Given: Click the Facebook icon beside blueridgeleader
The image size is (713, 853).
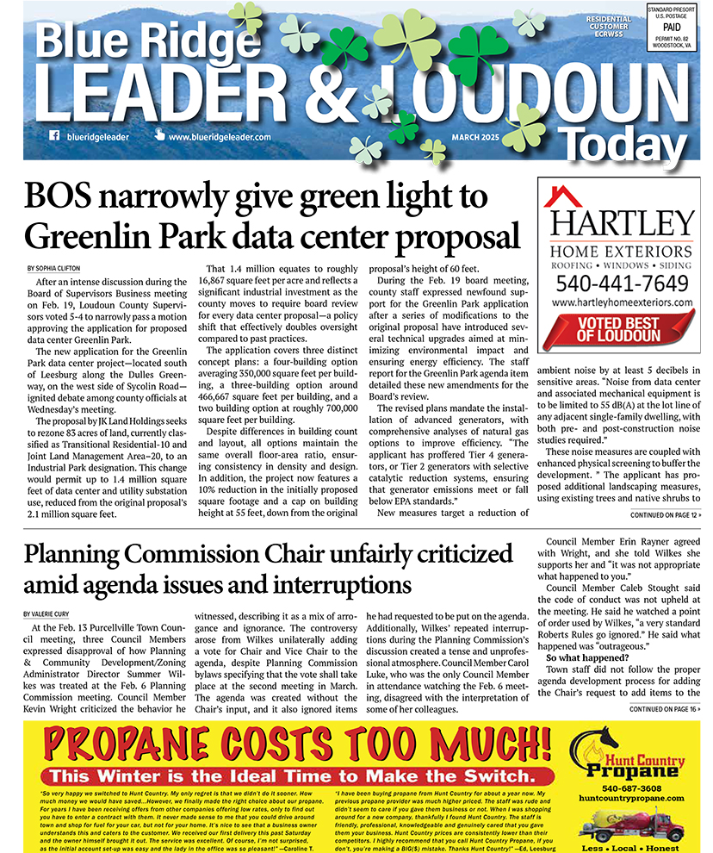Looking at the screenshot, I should click(54, 136).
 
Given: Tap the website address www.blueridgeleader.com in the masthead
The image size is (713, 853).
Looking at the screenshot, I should click(220, 137).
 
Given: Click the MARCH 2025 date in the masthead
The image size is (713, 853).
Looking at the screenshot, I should click(480, 137).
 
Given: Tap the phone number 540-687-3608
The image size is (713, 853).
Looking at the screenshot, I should click(632, 788).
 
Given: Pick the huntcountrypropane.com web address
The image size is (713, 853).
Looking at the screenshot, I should click(632, 799).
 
